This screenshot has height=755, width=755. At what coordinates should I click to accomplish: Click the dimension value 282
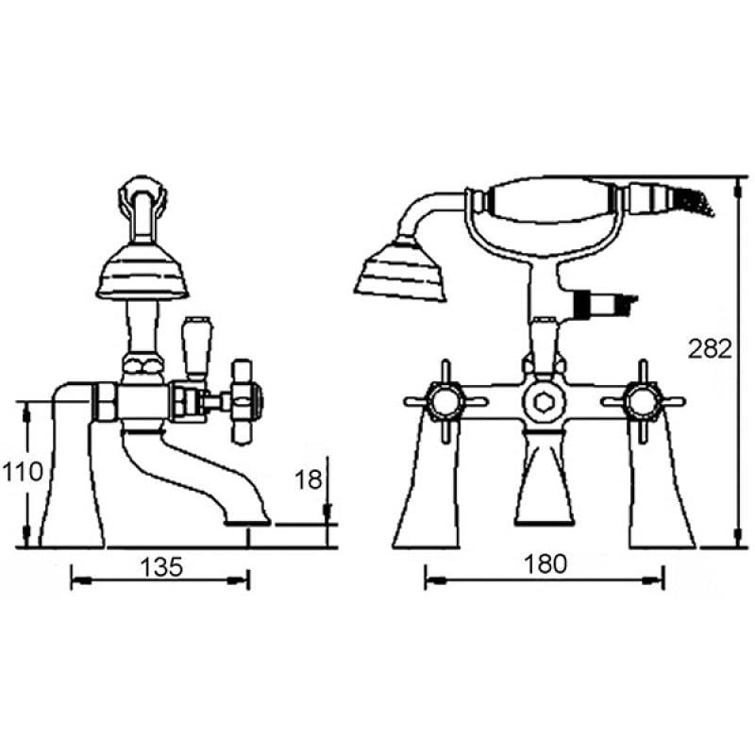point(710,349)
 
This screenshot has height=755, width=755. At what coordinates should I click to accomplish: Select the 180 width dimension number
point(545,563)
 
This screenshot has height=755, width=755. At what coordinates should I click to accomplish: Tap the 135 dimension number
point(161,567)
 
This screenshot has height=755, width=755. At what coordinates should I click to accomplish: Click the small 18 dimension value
point(308,479)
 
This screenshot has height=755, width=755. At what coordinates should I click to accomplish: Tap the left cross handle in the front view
point(445,401)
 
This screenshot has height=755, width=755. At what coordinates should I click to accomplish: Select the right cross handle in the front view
point(643,401)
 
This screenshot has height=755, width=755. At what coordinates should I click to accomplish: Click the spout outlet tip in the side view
point(247,522)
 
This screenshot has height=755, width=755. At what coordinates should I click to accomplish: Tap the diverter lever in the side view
point(197,345)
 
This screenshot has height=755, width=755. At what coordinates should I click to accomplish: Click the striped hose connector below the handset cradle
point(602,303)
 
